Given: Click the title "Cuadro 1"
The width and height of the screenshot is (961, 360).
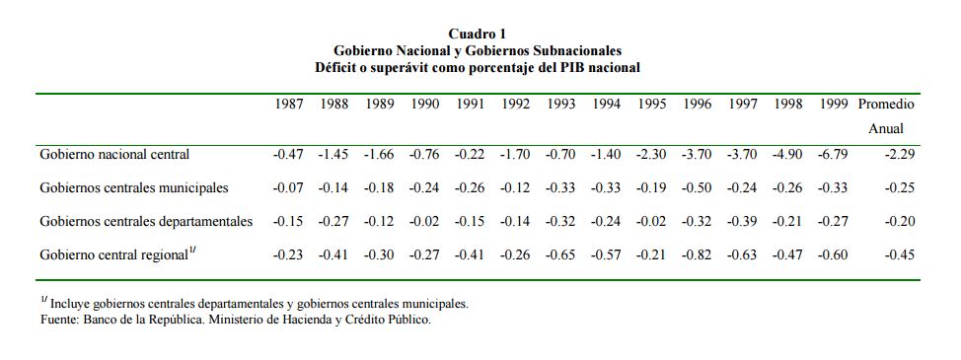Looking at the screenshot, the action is coord(478,34).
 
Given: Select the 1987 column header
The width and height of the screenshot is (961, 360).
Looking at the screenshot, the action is coord(289,105).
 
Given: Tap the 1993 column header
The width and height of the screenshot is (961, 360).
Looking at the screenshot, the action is coord(560,105).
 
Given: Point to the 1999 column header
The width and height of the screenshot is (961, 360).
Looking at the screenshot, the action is coord(834,105).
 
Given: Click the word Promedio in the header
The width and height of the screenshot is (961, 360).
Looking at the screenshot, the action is coord(886,105).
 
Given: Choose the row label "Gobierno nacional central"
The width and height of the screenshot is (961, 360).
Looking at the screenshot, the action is coord(114,154).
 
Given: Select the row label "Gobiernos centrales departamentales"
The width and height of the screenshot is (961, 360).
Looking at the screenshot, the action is coord(146,221).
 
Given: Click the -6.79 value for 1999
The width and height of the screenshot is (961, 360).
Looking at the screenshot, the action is coord(833,154).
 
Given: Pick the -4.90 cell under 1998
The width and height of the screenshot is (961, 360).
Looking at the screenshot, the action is coord(787,154).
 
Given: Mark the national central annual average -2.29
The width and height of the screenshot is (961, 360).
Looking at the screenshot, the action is coord(899,154).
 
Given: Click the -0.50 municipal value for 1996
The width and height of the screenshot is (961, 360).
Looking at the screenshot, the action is coord(697,188).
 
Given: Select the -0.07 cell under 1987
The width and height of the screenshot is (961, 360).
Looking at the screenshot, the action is coord(287,188).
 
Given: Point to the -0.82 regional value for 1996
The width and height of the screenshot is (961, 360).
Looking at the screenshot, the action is coord(697,254).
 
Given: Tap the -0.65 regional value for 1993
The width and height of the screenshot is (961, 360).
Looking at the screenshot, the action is coord(559,254).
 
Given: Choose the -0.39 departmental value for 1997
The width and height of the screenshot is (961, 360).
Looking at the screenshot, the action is coord(742,221).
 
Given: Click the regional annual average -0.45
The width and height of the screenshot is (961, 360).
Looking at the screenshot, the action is coord(899,254).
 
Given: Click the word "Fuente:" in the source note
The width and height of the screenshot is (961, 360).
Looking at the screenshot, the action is coord(59,320).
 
